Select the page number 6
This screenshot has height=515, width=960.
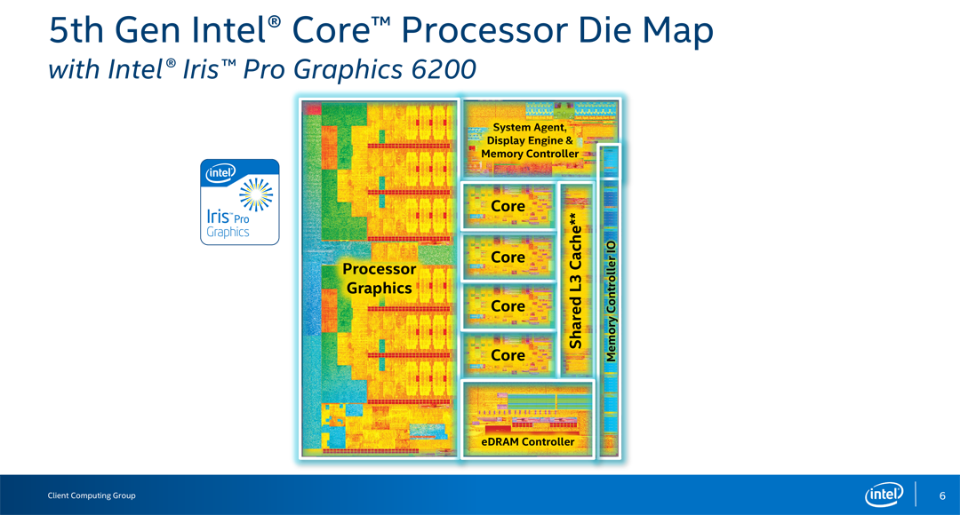pos(942,495)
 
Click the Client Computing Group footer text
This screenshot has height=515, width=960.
pos(92,495)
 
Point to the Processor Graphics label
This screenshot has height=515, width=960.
pos(380,278)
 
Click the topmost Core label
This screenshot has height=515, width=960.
pos(508,206)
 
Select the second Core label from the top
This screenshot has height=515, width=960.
pos(508,257)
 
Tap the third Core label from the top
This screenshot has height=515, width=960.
pos(508,305)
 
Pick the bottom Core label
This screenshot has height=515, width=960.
pos(508,355)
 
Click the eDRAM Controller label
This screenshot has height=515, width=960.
pos(528,442)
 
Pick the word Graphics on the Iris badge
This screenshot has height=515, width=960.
pos(228,233)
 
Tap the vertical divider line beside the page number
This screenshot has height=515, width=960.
pos(916,495)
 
